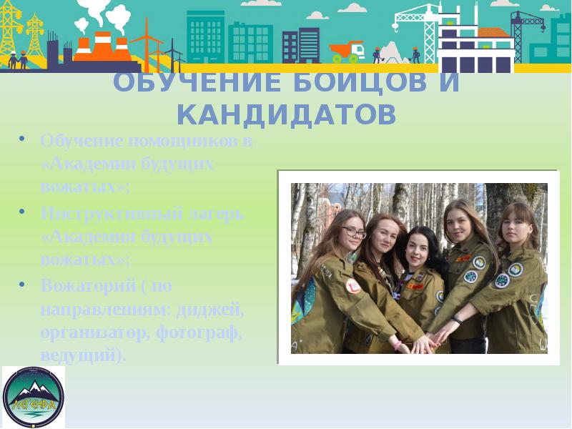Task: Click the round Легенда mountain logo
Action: (33, 397)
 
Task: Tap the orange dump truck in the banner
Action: (347, 51)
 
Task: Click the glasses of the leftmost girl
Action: (353, 232)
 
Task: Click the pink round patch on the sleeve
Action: (352, 285)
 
